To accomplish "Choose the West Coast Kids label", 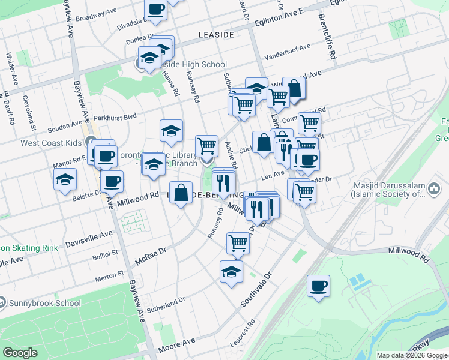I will click(x=50, y=143).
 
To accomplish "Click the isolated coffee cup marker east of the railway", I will click(x=318, y=286).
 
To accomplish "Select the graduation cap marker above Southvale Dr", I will click(x=231, y=271).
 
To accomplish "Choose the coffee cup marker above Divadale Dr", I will click(x=156, y=10).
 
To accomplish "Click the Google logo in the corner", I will click(x=20, y=353).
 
